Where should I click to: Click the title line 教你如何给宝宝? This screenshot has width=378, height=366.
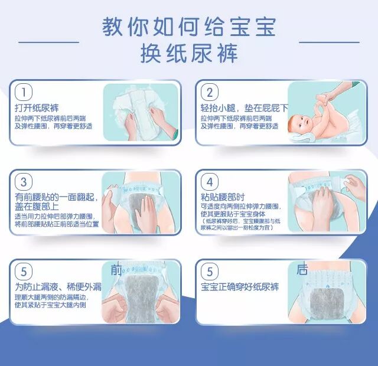[x=189, y=27]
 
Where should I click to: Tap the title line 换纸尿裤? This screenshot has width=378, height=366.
[x=189, y=54]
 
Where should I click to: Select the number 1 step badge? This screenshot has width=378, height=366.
[x=23, y=93]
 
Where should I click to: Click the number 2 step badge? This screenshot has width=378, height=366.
[x=209, y=93]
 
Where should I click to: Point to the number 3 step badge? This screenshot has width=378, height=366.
[x=23, y=182]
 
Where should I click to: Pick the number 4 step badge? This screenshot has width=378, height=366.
[x=209, y=182]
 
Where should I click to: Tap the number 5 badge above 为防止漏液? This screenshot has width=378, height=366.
[x=23, y=272]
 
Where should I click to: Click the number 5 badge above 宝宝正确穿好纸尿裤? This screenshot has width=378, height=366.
[x=209, y=272]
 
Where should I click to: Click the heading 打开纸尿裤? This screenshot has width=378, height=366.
[x=37, y=109]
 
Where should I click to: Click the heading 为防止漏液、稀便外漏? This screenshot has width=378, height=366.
[x=58, y=287]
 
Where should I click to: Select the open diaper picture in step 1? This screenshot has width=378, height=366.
[x=141, y=112]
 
